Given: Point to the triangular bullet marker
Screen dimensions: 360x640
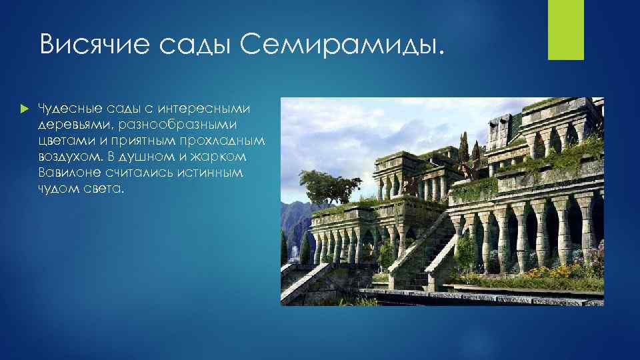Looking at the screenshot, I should coord(25,109).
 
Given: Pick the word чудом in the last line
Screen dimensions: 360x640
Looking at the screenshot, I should coord(56,189).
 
